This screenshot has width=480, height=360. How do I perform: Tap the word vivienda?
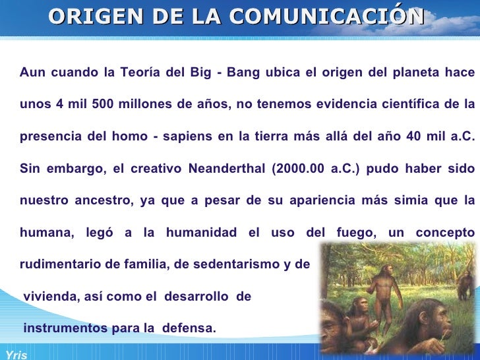(49, 297)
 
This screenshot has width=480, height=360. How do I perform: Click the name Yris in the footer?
(14, 355)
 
